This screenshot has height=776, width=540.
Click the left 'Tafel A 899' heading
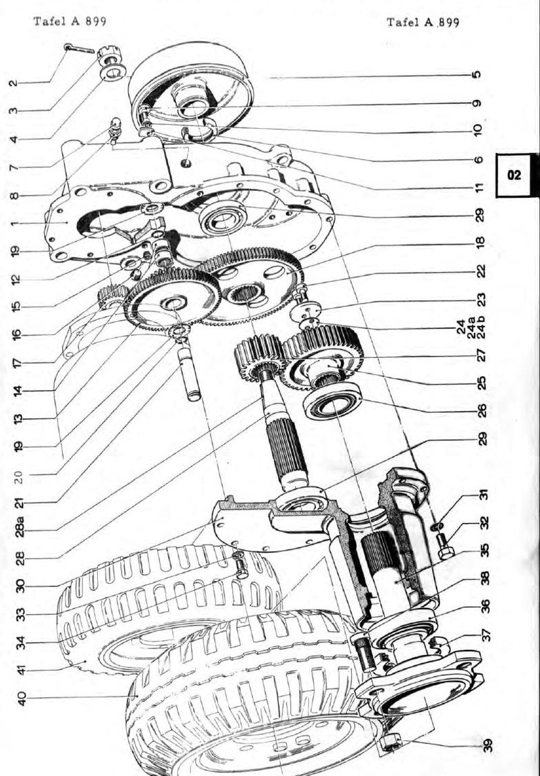click(x=70, y=21)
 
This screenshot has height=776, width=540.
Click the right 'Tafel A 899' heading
click(x=423, y=22)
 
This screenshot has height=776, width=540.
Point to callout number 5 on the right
click(x=476, y=75)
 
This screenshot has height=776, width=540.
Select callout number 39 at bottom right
click(x=488, y=746)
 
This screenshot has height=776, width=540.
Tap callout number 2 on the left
click(x=14, y=82)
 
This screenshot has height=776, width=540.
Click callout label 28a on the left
click(x=20, y=526)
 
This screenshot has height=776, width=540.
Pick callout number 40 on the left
click(x=21, y=698)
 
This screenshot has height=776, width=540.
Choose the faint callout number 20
click(x=18, y=476)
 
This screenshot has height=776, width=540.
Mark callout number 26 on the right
click(x=481, y=410)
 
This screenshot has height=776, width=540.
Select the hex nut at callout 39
click(x=391, y=742)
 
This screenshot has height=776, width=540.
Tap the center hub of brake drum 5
click(x=192, y=101)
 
